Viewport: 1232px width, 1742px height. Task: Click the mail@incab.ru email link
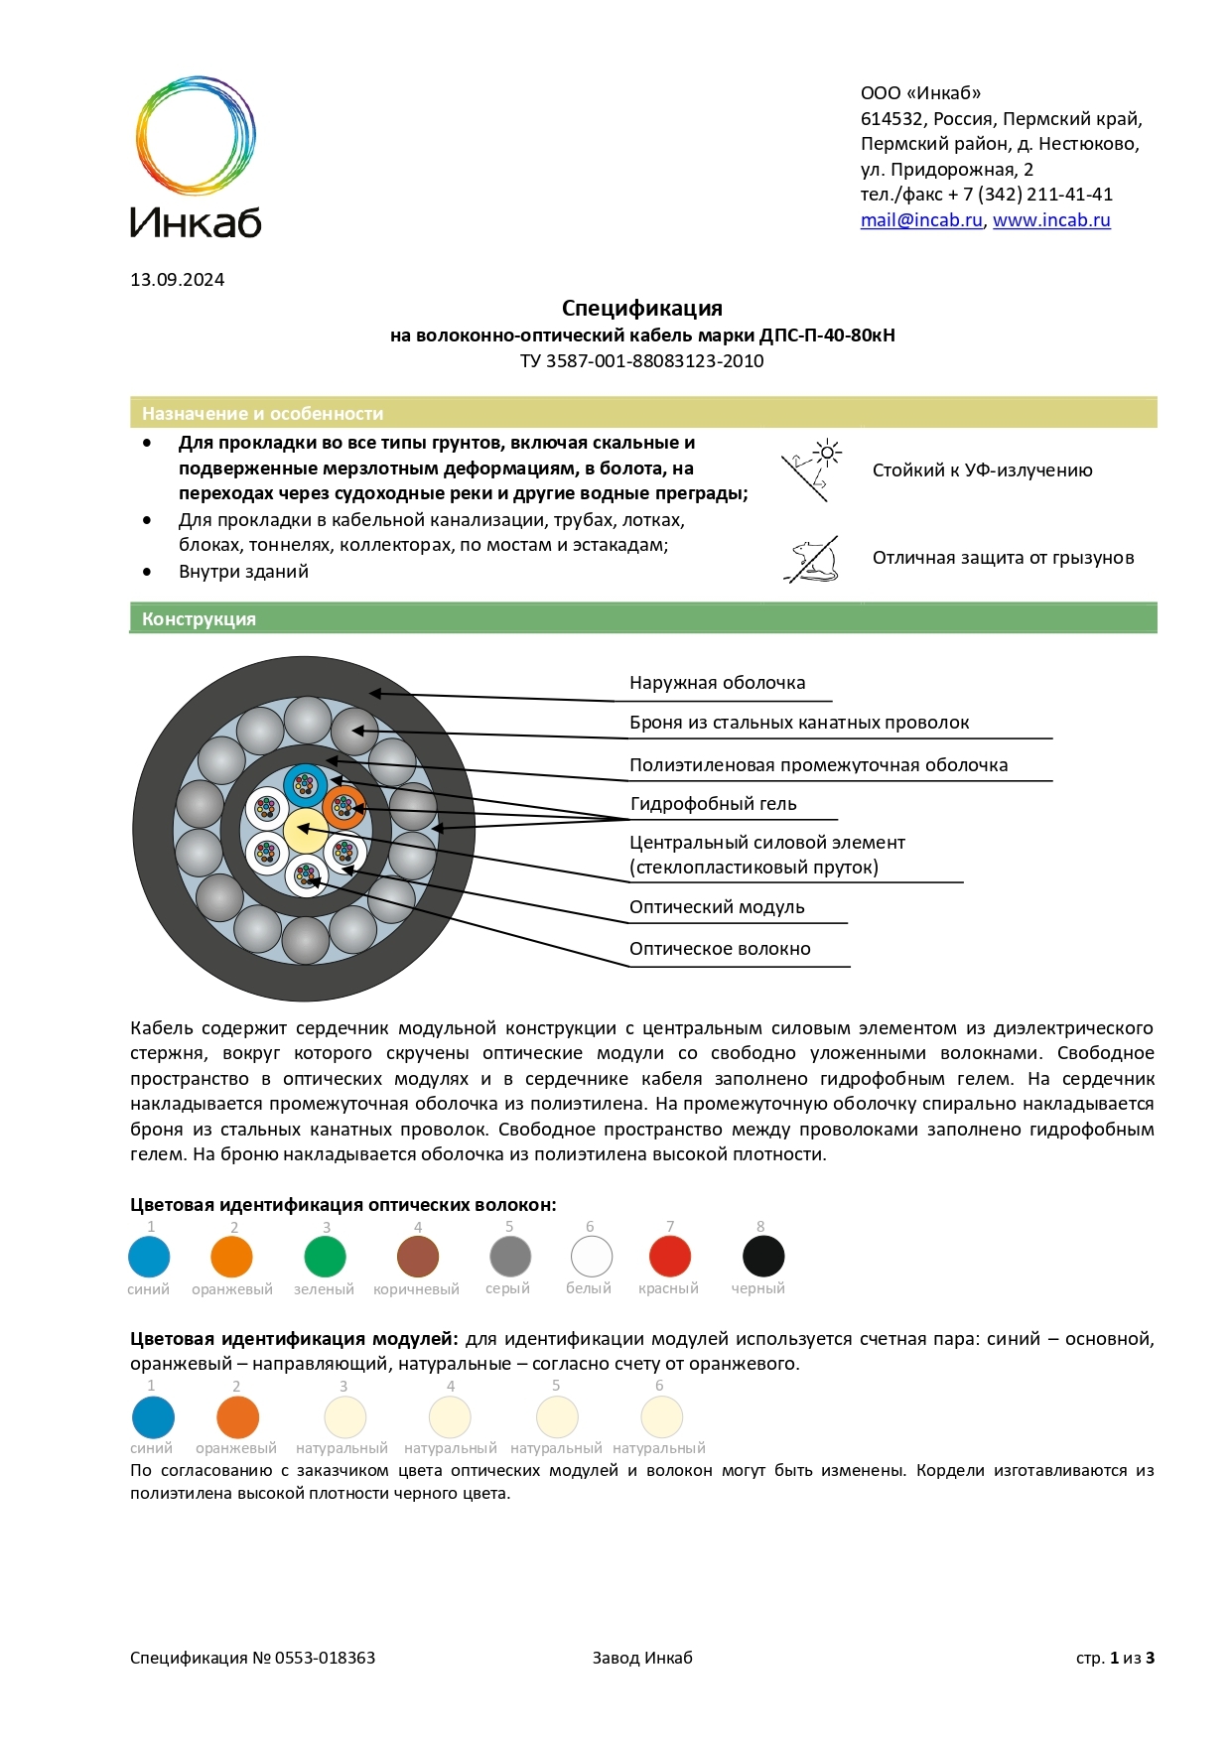(x=920, y=220)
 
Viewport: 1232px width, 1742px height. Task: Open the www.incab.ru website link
(x=1050, y=220)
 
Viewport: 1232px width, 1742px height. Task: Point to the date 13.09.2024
(x=177, y=280)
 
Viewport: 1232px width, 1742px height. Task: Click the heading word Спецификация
(x=641, y=308)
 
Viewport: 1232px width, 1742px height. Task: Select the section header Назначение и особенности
(x=262, y=414)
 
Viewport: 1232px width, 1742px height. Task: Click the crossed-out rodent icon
(x=811, y=560)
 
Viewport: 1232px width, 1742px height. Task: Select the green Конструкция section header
(x=199, y=619)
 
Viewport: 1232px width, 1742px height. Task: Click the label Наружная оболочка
(x=717, y=683)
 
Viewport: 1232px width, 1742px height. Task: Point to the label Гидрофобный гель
(x=713, y=804)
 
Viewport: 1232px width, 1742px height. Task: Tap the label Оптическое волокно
(x=720, y=949)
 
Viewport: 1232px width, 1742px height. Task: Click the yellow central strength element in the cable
(x=305, y=831)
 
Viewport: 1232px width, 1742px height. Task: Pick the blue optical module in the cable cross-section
(x=305, y=786)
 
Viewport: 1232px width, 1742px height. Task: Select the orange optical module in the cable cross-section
(x=343, y=807)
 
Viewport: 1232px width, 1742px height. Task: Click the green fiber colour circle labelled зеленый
(x=325, y=1257)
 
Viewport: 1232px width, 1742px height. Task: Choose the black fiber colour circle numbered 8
(x=763, y=1257)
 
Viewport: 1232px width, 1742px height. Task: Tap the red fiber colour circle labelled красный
(x=670, y=1257)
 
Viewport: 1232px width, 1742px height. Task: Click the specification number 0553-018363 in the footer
(x=325, y=1658)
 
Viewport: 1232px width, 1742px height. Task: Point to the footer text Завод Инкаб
(x=642, y=1658)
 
